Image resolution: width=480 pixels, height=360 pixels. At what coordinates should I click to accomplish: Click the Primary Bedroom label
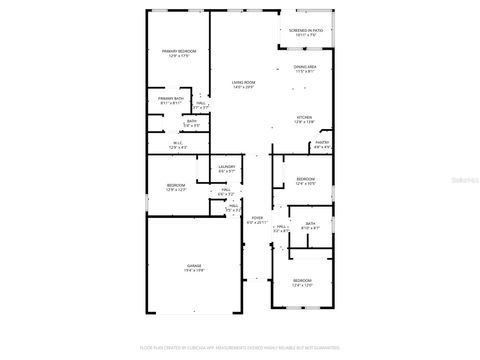(179, 53)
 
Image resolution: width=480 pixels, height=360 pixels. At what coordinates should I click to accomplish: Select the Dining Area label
(305, 68)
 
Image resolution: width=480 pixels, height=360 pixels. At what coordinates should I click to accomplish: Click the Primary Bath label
(171, 100)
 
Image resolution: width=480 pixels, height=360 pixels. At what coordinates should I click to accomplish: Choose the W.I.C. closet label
(179, 146)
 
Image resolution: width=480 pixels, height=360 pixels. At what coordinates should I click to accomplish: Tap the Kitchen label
(304, 119)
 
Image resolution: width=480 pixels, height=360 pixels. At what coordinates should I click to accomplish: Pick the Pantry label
(322, 145)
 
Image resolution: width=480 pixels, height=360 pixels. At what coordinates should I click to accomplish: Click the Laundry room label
(227, 169)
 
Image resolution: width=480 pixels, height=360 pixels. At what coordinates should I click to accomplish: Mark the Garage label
(194, 268)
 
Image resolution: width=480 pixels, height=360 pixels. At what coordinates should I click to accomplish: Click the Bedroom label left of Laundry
(176, 187)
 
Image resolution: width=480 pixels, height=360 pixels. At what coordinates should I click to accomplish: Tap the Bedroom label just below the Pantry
(306, 181)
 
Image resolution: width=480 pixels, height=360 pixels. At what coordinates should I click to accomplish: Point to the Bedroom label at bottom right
(302, 283)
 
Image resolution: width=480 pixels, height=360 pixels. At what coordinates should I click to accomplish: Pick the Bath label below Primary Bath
(191, 124)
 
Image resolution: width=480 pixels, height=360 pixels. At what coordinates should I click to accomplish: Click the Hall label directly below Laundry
(227, 192)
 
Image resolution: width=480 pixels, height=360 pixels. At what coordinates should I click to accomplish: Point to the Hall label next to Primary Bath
(201, 105)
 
